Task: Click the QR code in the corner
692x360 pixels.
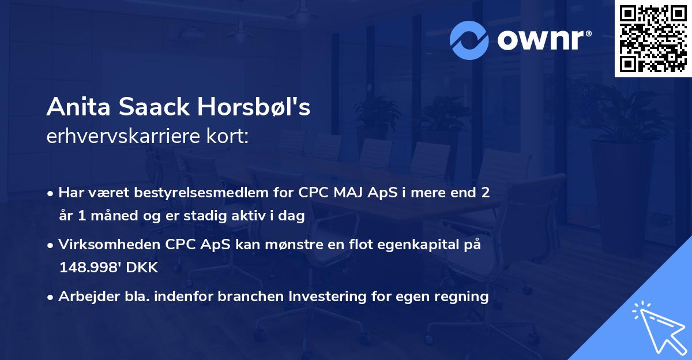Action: click(653, 39)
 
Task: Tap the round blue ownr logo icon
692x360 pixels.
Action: click(469, 40)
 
